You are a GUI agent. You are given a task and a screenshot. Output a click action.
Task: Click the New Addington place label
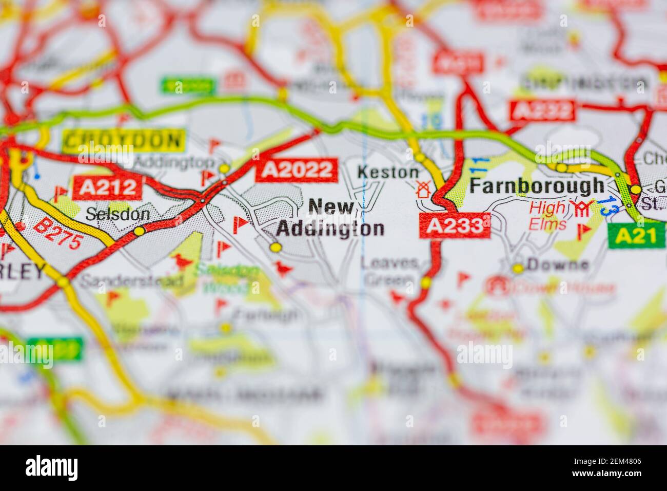tap(331, 218)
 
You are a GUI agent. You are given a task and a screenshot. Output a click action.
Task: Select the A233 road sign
tap(455, 225)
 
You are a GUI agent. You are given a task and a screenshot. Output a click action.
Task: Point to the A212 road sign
tap(107, 188)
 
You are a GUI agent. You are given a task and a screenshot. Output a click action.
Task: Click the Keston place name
tap(388, 172)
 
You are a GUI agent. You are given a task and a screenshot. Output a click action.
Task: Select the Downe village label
tap(558, 265)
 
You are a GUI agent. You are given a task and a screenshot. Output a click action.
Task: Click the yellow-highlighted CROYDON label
tap(123, 140)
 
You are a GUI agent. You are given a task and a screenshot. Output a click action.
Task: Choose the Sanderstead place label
tap(132, 281)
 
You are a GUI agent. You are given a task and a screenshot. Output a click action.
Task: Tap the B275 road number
tap(57, 234)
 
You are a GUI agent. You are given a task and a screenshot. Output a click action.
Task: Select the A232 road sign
tap(542, 110)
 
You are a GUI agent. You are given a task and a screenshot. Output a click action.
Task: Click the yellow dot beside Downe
tap(518, 268)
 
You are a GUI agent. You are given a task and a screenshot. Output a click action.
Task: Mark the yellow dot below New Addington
tap(276, 248)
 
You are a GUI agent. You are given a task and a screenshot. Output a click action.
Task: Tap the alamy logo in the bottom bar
tap(52, 467)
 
